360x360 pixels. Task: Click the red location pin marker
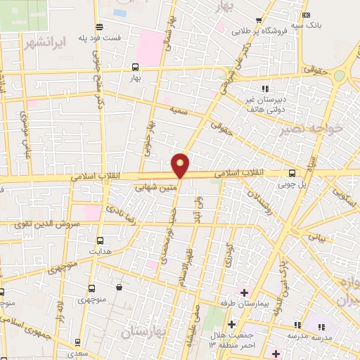(181, 165)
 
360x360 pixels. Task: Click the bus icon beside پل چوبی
(292, 174)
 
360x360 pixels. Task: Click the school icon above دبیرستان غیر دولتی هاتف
(265, 88)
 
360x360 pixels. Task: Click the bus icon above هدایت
(99, 240)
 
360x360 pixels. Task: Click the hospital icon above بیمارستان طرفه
(244, 292)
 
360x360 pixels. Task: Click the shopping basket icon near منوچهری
(119, 287)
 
